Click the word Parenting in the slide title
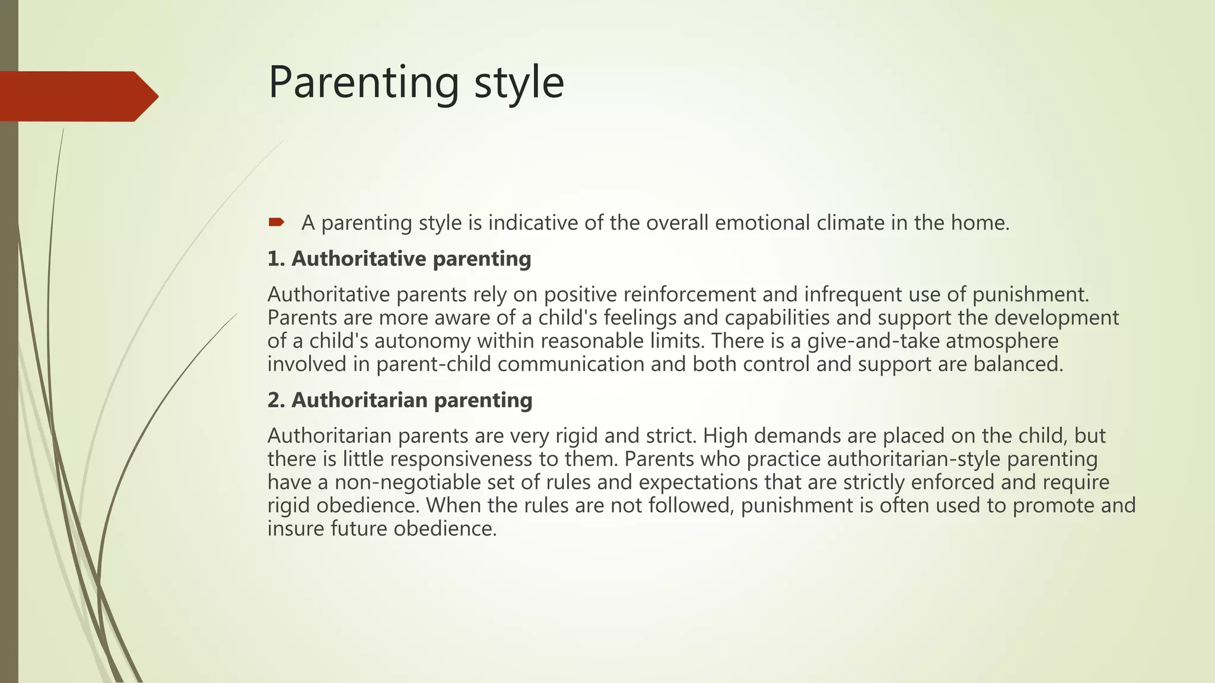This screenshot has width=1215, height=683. coord(364,83)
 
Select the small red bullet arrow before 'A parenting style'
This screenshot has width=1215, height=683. coord(276,223)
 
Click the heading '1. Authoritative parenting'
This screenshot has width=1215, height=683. coord(399,259)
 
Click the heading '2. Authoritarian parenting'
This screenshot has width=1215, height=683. coord(399,400)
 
